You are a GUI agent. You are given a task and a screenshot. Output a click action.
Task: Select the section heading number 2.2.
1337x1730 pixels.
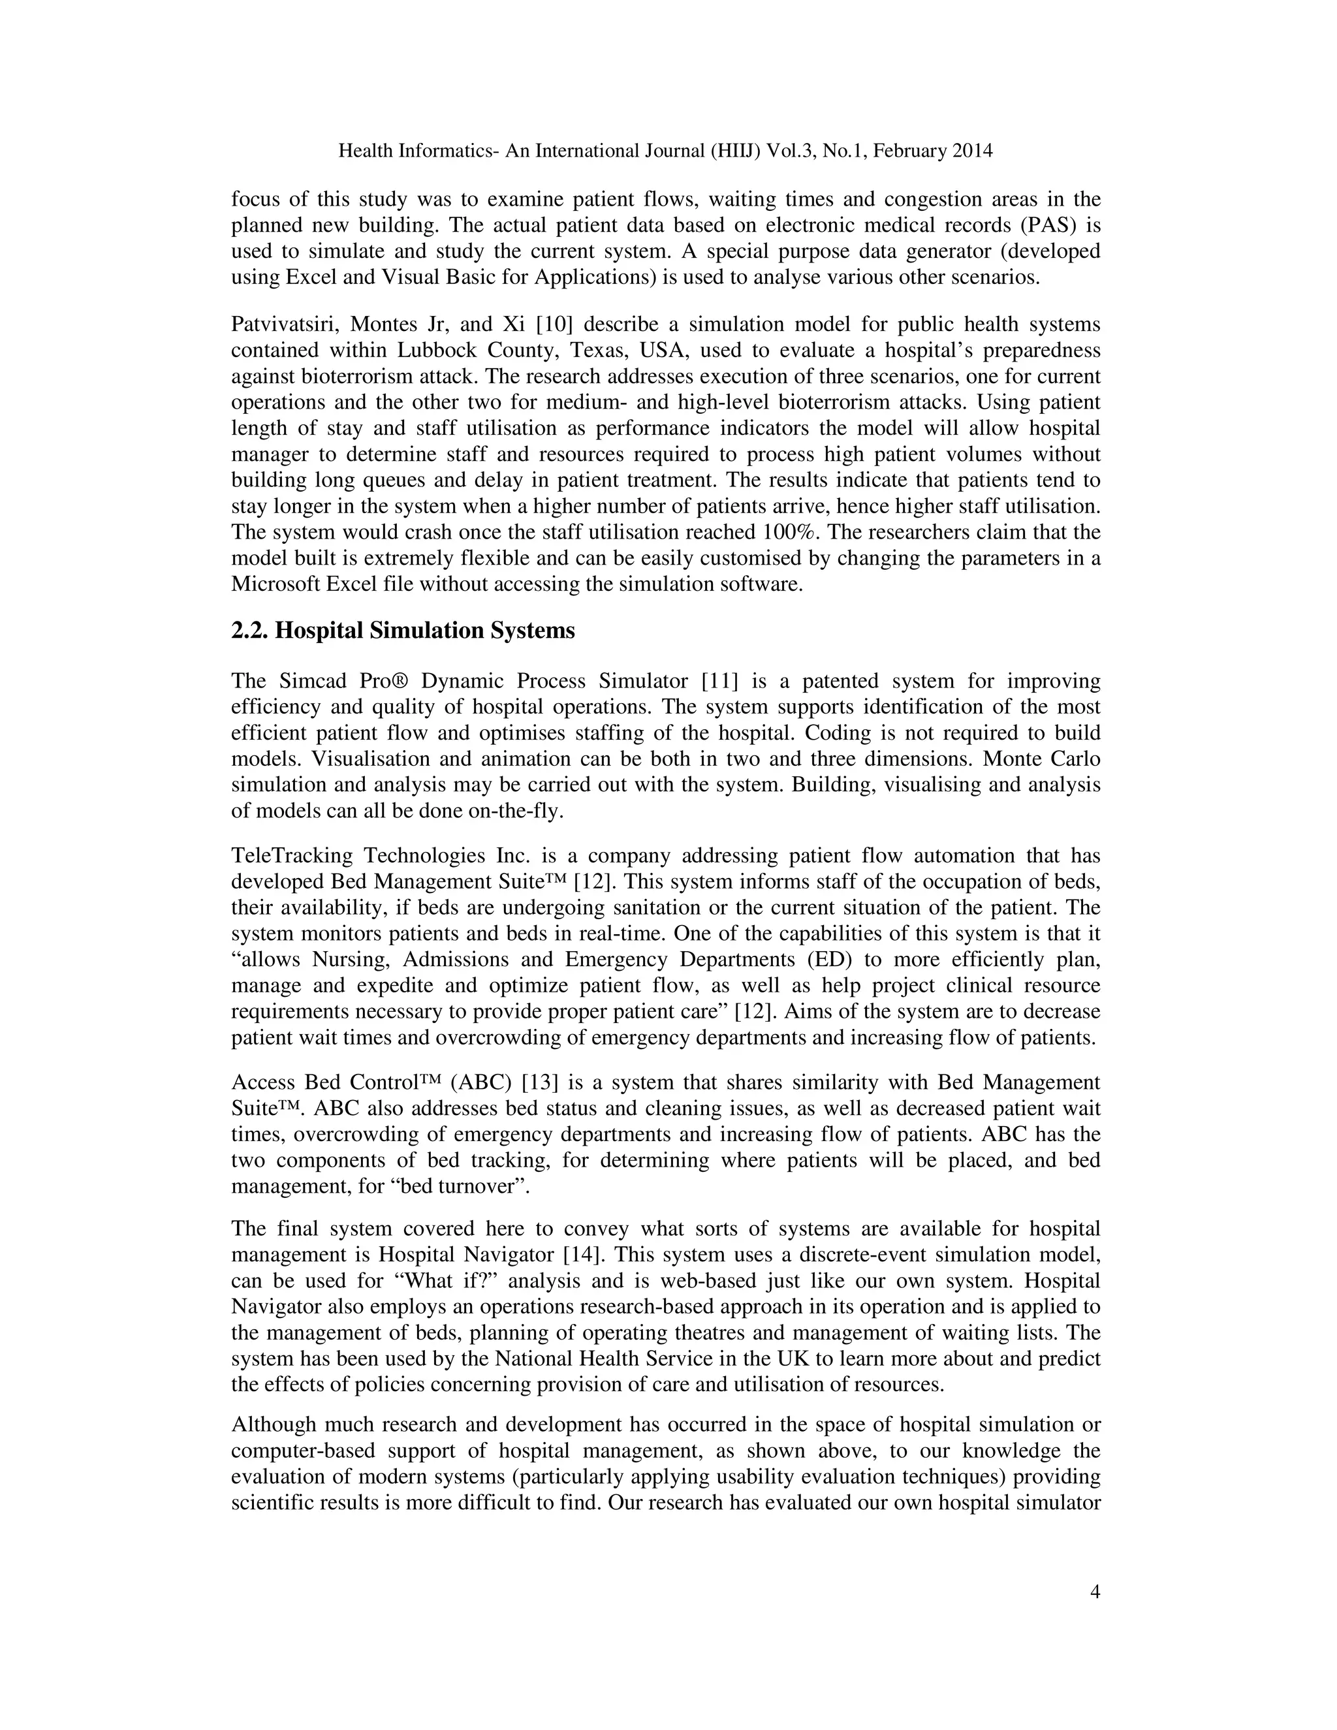249,631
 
